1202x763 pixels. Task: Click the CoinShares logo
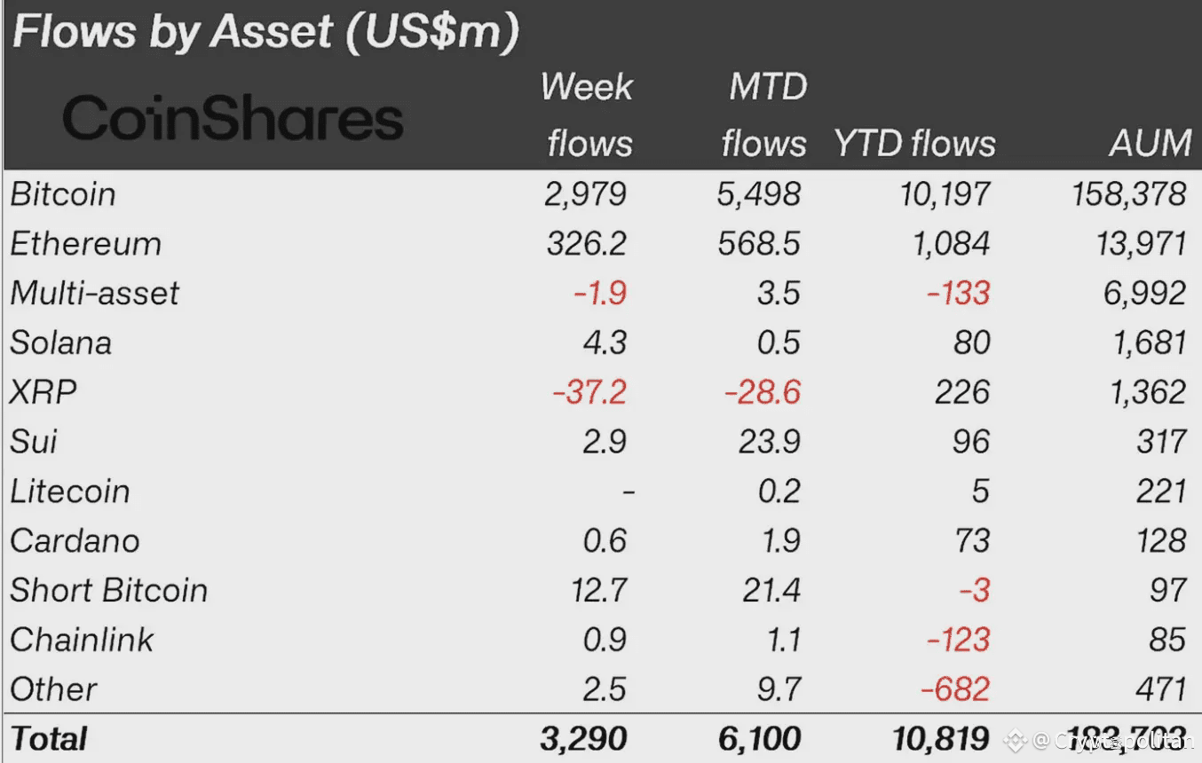click(x=233, y=119)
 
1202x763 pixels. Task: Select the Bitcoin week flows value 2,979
click(x=586, y=194)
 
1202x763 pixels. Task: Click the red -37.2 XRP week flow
click(x=589, y=392)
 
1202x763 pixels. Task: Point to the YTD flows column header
click(x=914, y=144)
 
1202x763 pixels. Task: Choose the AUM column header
click(x=1150, y=144)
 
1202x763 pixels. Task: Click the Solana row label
click(x=61, y=343)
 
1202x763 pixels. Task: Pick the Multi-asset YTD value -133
click(x=958, y=294)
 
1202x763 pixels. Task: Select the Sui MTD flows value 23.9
click(x=769, y=442)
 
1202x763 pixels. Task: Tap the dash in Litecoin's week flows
click(x=628, y=491)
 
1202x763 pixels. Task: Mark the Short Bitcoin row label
click(x=108, y=590)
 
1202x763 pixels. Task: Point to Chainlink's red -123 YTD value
click(x=958, y=640)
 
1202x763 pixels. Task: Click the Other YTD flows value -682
click(x=958, y=689)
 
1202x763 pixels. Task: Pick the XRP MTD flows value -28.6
click(x=763, y=392)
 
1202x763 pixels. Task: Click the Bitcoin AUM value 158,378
click(x=1129, y=194)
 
